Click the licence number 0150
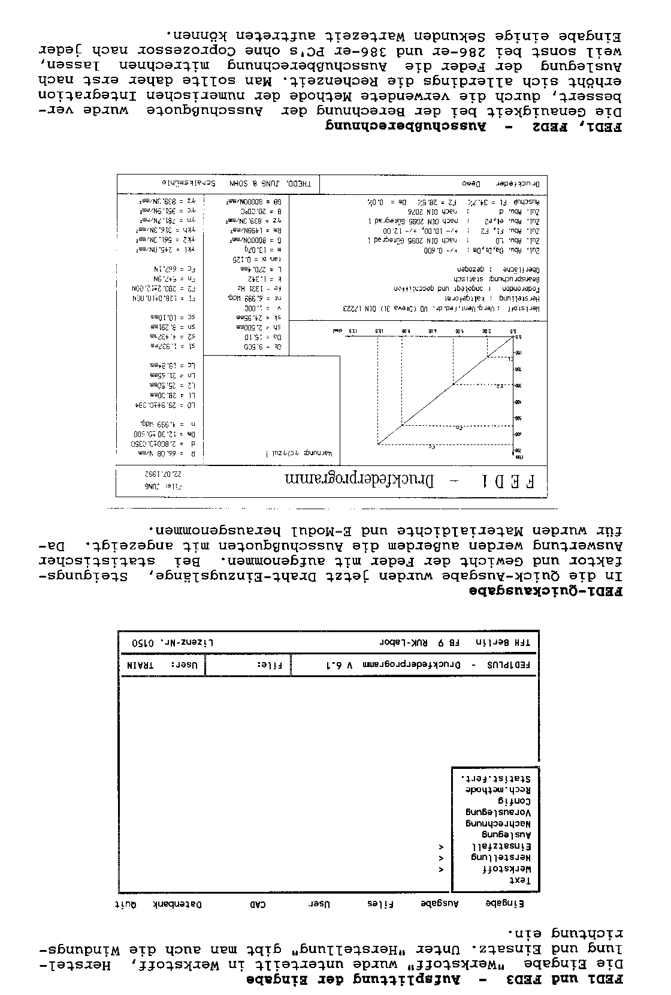[143, 642]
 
